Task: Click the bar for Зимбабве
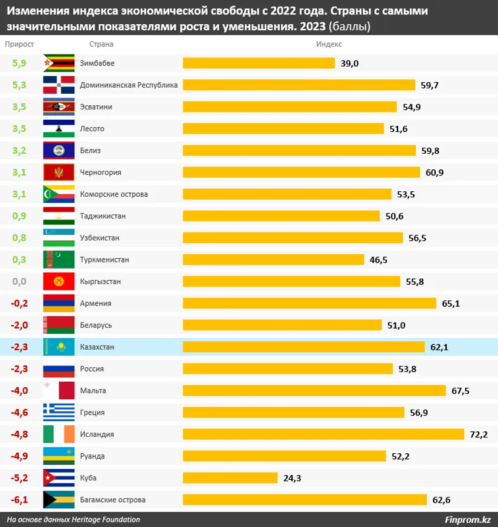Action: [x=259, y=64]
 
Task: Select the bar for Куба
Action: [x=230, y=478]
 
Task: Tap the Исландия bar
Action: [x=323, y=434]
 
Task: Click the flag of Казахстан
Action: [x=59, y=347]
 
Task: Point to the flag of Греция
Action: [x=59, y=413]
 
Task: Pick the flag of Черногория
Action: [x=59, y=172]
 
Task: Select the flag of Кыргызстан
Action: [x=59, y=282]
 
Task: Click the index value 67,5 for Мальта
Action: [x=461, y=391]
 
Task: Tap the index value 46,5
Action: [x=378, y=260]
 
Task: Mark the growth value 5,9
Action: [x=19, y=64]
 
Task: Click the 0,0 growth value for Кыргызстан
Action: [x=19, y=282]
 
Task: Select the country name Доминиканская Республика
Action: [x=129, y=85]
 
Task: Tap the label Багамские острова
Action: [x=112, y=500]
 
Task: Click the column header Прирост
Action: [x=19, y=44]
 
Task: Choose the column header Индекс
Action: [x=329, y=44]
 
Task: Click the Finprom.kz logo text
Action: [x=467, y=519]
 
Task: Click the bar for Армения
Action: [x=309, y=303]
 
